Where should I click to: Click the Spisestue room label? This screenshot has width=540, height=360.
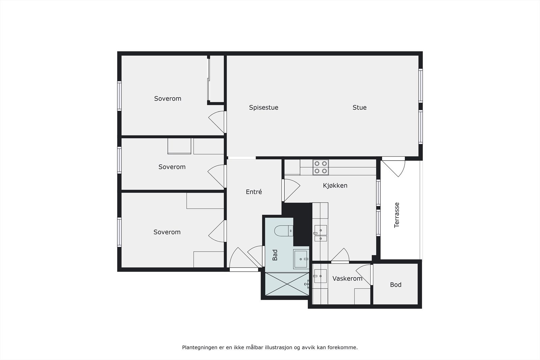[264, 108]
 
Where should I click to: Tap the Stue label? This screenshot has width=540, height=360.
[359, 108]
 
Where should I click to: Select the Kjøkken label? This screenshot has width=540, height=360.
[335, 186]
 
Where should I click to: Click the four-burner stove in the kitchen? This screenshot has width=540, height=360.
[321, 167]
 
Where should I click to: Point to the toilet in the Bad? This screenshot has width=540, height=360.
[283, 231]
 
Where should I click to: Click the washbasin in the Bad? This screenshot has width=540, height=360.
[301, 259]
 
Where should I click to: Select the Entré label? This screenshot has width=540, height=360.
[254, 192]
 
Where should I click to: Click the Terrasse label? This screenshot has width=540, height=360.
[397, 215]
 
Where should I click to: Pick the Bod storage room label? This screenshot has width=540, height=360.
[396, 285]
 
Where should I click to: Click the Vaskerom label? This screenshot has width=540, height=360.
[347, 279]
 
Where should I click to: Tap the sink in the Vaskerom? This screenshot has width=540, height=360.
[320, 276]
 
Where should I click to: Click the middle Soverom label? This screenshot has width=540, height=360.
[172, 167]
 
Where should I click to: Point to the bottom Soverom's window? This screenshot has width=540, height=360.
[119, 232]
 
